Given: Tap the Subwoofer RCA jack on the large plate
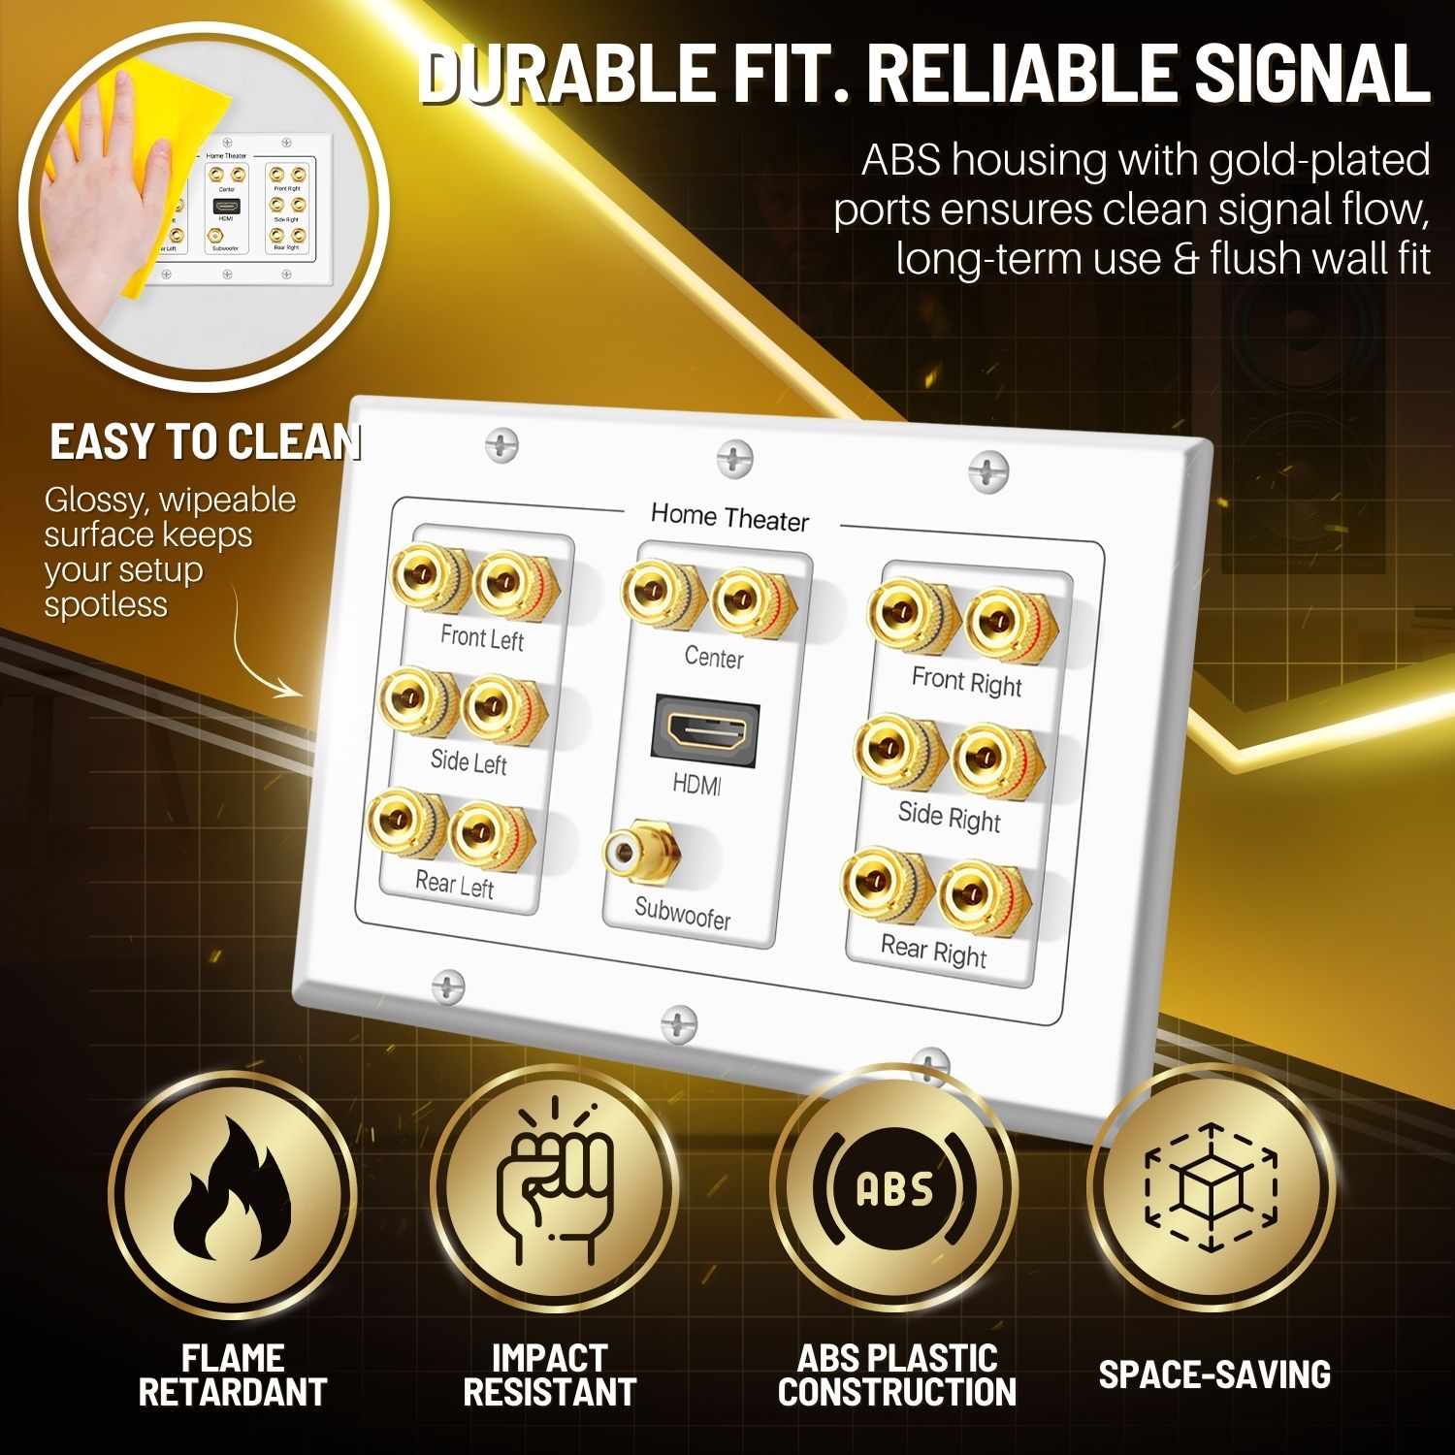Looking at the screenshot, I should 640,854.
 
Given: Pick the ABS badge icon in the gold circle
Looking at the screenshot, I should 894,1189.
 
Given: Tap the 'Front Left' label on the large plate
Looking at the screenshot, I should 482,637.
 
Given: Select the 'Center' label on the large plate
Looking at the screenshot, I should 714,658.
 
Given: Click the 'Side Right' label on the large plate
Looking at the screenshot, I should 949,817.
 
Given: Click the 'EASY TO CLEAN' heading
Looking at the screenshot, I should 205,442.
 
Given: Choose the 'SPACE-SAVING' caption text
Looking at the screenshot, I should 1214,1374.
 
